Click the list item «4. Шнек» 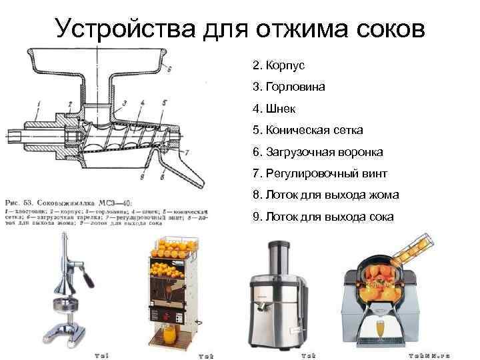coord(274,109)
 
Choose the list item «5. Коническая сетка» coord(307,131)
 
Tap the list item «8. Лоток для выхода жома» coord(326,195)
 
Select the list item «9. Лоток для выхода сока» coord(323,217)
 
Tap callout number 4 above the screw coord(142,103)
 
